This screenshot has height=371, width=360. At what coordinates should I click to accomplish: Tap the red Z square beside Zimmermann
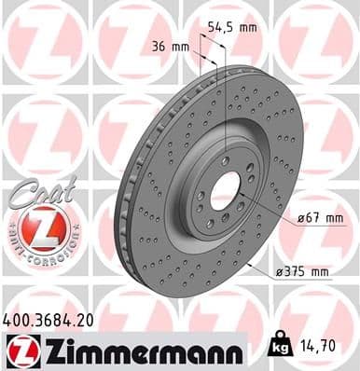point(19,350)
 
